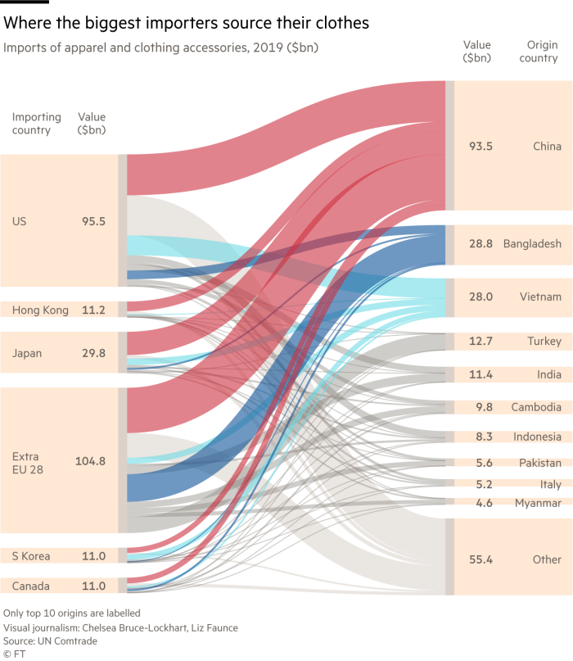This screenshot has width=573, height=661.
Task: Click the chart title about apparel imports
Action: point(160,48)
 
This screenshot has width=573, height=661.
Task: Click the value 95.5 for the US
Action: point(93,221)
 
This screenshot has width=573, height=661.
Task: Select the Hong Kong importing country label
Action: point(40,310)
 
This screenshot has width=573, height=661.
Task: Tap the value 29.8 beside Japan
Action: point(93,354)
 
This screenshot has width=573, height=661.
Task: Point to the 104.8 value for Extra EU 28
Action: point(90,461)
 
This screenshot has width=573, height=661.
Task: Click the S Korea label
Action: point(31,556)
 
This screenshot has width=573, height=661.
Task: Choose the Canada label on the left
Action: point(31,586)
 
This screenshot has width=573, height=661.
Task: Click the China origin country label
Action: point(547,147)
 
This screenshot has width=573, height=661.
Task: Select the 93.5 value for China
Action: point(481,147)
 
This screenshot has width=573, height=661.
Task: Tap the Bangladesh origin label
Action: point(532,244)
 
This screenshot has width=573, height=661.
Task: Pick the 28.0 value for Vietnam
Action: point(481,297)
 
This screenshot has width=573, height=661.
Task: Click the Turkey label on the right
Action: point(545,341)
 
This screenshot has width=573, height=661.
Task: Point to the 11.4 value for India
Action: point(481,375)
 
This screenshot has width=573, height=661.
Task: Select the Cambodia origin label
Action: point(536,407)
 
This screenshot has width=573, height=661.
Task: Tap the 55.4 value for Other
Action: point(481,559)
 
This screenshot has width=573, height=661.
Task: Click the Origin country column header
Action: point(538,52)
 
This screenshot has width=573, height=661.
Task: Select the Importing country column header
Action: point(31,124)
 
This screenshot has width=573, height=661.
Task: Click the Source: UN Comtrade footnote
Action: point(50,642)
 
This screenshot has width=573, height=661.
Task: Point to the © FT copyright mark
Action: point(14,654)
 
